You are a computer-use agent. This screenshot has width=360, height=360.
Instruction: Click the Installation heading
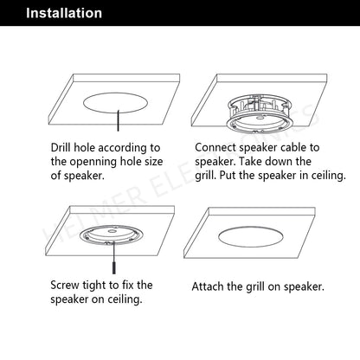pyautogui.click(x=64, y=13)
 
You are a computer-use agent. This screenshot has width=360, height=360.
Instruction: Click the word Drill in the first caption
pyautogui.click(x=61, y=147)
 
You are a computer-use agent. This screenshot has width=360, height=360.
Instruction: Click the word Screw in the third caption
pyautogui.click(x=65, y=286)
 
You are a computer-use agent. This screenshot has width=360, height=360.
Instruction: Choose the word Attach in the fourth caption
pyautogui.click(x=208, y=286)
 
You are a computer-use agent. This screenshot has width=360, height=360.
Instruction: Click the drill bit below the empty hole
pyautogui.click(x=118, y=120)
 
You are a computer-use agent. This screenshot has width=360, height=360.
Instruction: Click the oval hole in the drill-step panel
pyautogui.click(x=116, y=102)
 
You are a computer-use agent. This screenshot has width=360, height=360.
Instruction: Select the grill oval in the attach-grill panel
pyautogui.click(x=251, y=237)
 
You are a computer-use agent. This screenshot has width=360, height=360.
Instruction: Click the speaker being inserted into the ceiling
pyautogui.click(x=260, y=113)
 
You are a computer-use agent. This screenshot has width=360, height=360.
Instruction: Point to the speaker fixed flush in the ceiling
pyautogui.click(x=112, y=235)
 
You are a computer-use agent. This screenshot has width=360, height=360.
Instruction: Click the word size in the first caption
pyautogui.click(x=154, y=162)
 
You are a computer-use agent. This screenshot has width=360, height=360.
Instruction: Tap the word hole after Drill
pyautogui.click(x=85, y=147)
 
